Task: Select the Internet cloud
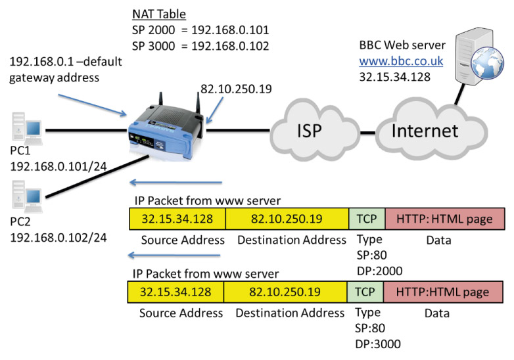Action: (x=424, y=131)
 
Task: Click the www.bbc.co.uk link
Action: (x=401, y=62)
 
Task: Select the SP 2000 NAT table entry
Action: (x=201, y=30)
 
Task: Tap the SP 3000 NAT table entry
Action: (x=201, y=47)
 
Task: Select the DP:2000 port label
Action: (x=379, y=270)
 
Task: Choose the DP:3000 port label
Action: (x=379, y=344)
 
